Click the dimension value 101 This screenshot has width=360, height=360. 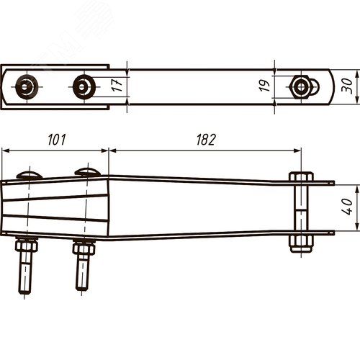[57, 140]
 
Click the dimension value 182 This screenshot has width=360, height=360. [206, 140]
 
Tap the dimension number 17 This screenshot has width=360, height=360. [117, 85]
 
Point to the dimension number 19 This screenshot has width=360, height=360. [264, 86]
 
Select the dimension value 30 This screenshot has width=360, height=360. [347, 86]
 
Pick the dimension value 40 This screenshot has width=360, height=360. [346, 207]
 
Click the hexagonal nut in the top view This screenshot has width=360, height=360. [300, 87]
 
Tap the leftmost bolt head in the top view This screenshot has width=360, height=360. [27, 86]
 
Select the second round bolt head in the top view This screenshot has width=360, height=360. [84, 86]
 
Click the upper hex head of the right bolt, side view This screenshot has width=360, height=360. [301, 176]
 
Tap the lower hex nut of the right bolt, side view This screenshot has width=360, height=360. [301, 243]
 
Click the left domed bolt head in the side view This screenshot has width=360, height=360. [30, 175]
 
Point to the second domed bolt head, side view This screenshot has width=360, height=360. [87, 172]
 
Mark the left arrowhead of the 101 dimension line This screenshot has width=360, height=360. [6, 150]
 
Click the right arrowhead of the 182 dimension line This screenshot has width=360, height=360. [297, 150]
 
